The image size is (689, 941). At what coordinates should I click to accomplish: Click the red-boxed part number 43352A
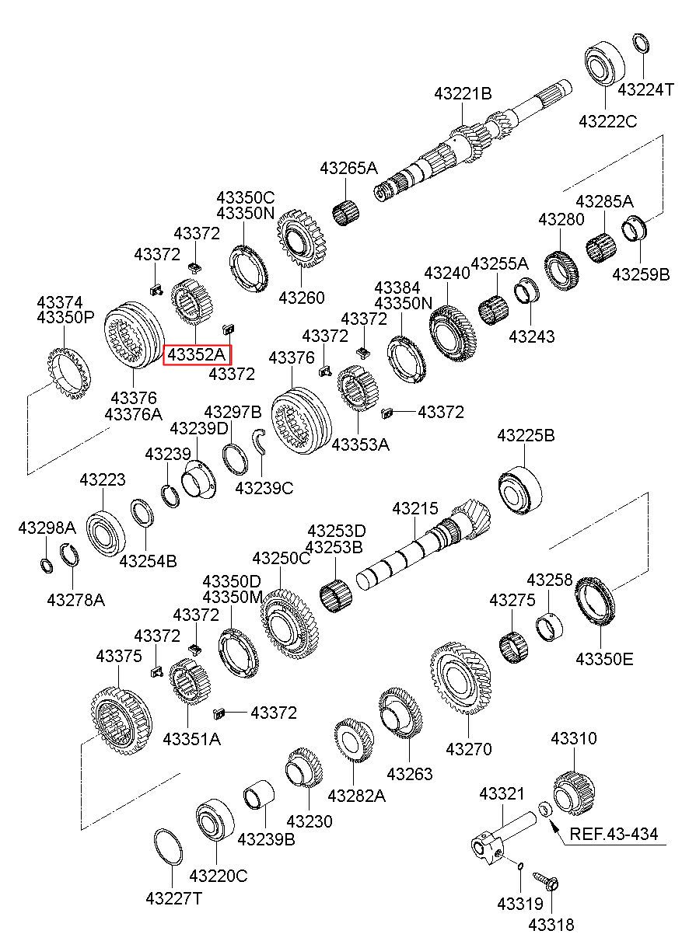click(197, 355)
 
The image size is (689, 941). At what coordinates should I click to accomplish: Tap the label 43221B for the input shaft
click(463, 94)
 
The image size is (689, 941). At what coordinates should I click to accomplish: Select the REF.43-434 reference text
click(614, 835)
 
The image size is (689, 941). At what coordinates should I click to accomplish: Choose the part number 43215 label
click(414, 509)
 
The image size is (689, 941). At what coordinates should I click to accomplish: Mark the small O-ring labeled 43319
click(519, 865)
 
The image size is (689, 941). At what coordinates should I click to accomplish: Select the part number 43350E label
click(604, 659)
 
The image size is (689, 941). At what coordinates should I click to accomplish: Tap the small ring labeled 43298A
click(47, 563)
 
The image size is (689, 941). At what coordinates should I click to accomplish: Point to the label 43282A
click(356, 796)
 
